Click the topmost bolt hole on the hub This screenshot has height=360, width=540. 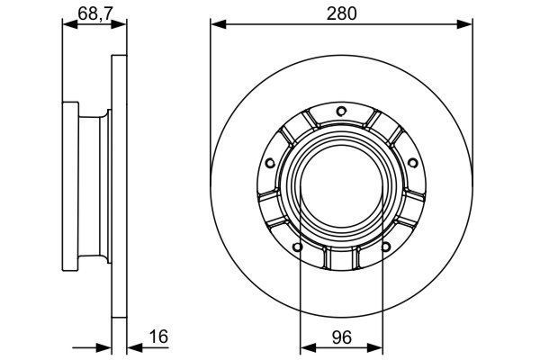341,112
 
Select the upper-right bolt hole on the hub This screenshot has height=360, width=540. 412,163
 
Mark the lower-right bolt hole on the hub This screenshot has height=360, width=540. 386,245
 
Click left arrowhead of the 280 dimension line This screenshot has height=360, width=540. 216,25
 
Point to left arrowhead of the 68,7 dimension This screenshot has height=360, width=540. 67,25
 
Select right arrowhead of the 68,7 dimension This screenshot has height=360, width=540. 118,25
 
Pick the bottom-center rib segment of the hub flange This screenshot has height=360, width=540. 341,258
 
